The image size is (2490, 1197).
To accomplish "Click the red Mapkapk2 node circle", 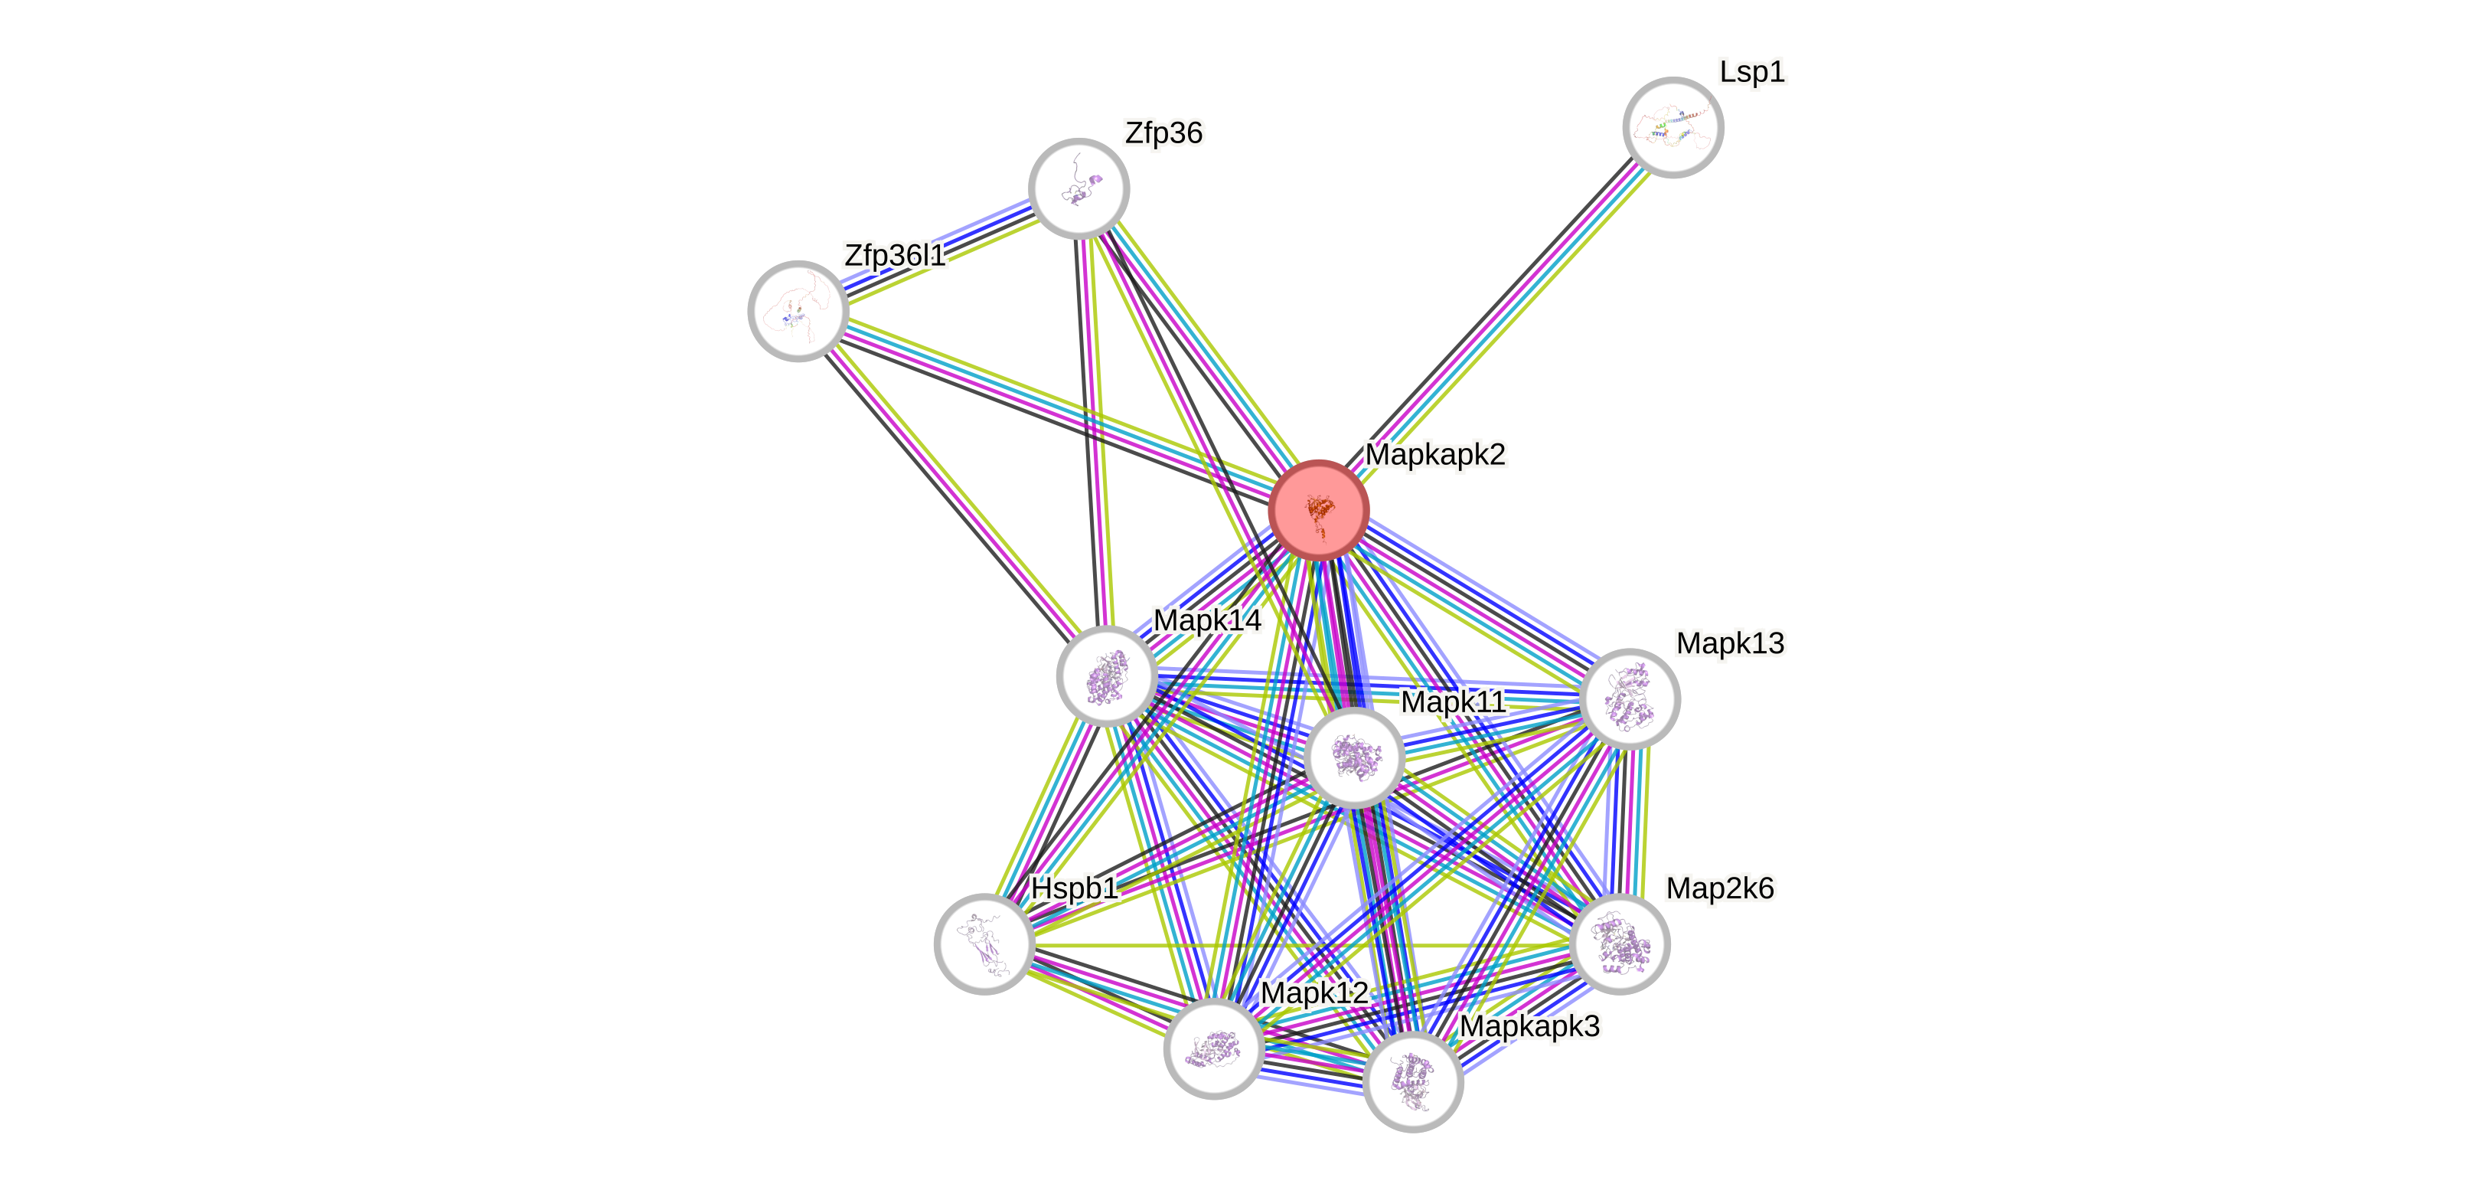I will (x=1318, y=509).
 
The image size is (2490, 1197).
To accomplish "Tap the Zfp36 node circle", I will (x=1079, y=188).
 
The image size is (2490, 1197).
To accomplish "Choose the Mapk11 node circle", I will (x=1354, y=757).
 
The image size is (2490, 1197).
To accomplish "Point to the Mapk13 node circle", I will (x=1630, y=699).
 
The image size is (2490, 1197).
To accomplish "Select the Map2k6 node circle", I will (x=1619, y=944).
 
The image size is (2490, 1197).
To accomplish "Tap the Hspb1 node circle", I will (x=984, y=944).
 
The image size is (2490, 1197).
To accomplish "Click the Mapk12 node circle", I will (x=1213, y=1048).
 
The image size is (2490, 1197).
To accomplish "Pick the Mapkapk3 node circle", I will (x=1412, y=1081).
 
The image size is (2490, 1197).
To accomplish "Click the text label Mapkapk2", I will (x=1434, y=453).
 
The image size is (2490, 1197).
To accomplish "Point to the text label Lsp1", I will (x=1751, y=71).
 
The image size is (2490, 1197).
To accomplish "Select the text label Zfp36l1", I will (x=894, y=255).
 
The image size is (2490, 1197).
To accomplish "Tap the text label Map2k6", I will (x=1720, y=888).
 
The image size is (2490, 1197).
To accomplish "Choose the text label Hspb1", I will (x=1074, y=888).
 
